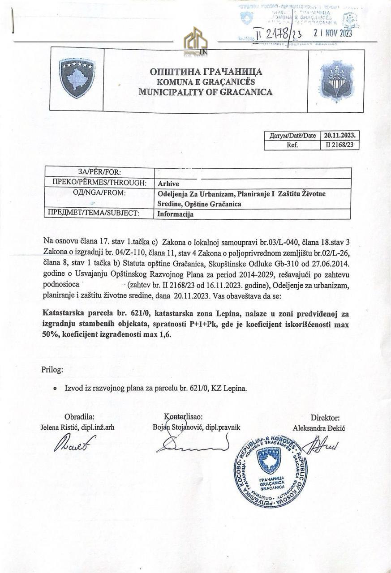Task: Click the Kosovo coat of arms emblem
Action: [77, 78]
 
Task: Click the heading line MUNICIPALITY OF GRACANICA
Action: [205, 92]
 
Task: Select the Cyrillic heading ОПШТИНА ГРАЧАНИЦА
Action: [206, 72]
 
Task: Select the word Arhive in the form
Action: [168, 184]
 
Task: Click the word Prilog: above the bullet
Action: [52, 370]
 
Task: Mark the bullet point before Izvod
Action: [55, 389]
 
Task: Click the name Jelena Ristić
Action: [59, 427]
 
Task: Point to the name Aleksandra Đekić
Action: [318, 428]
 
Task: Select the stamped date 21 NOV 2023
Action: [333, 33]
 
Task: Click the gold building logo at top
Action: [196, 42]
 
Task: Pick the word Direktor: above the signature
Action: [325, 418]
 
